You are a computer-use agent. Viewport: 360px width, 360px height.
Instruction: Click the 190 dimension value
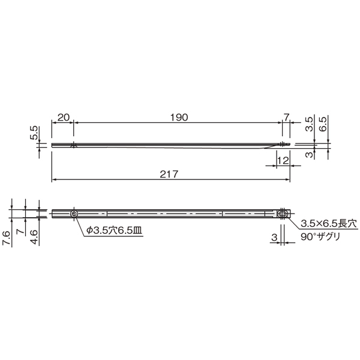click(179, 118)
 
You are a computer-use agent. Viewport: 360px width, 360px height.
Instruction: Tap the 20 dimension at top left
click(64, 118)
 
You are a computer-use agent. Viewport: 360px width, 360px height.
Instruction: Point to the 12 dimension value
click(283, 160)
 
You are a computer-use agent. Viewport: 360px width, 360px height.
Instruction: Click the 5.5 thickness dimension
click(34, 133)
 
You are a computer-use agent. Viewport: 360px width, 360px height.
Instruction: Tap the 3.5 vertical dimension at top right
click(309, 124)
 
